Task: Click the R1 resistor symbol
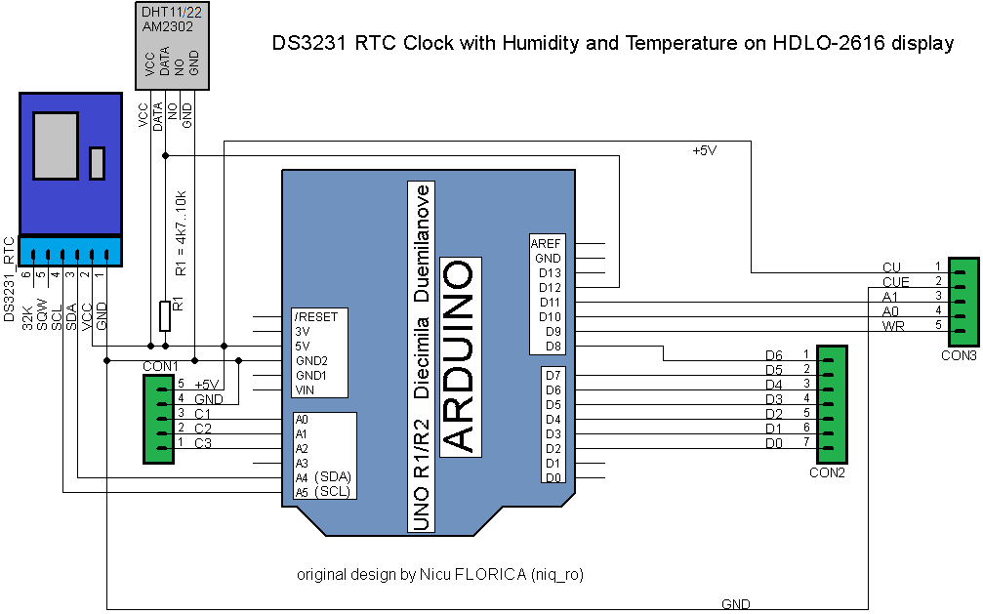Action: (165, 316)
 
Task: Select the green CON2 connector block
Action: (833, 404)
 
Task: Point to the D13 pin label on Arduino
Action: (550, 273)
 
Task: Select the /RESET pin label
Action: (315, 317)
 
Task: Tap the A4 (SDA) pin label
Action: (323, 477)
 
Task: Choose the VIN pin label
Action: (305, 389)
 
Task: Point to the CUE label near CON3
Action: (895, 282)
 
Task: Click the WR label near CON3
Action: (892, 326)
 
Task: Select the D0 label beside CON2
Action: (773, 443)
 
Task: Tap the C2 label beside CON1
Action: (203, 429)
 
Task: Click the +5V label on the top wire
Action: (704, 150)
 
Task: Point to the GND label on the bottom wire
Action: (736, 604)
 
